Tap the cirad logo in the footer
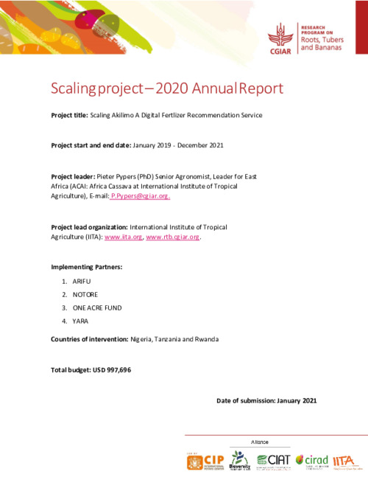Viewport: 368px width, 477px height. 312,461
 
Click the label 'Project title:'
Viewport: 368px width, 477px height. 70,115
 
